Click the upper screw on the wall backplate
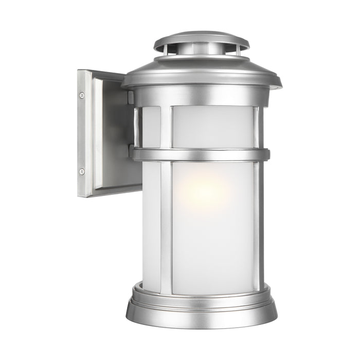coord(82,95)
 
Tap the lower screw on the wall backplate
coord(82,171)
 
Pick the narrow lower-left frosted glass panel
coord(151,226)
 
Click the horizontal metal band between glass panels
coord(201,154)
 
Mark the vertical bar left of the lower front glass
coord(166,226)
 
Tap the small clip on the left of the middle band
coord(132,151)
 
